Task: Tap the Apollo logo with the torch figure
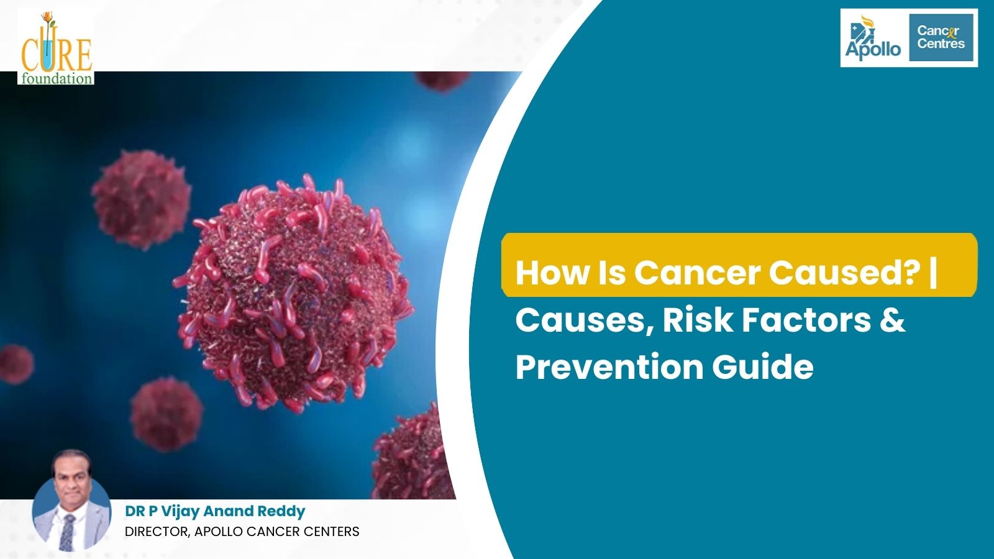click(873, 39)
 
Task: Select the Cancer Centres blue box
click(941, 38)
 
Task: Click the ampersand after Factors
click(893, 320)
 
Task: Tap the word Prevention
click(609, 366)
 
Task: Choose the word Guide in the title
click(762, 366)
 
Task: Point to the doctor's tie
click(67, 532)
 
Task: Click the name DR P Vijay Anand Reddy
click(215, 511)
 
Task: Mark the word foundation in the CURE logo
click(56, 78)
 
